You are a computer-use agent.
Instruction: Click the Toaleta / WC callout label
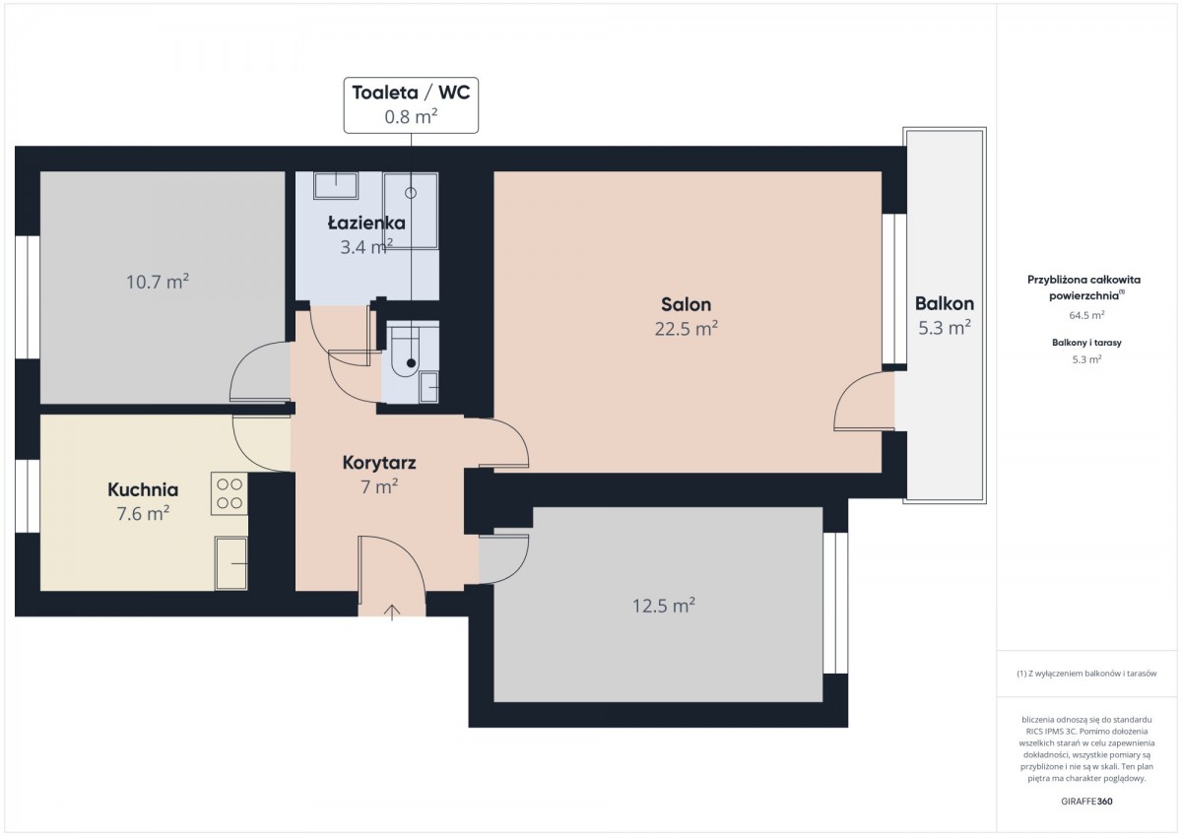(x=411, y=93)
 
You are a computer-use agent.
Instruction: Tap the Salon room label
(x=686, y=304)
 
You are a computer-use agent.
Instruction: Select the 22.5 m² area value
(x=686, y=329)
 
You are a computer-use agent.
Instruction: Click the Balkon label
(x=945, y=303)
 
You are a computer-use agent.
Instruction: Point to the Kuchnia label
(x=143, y=489)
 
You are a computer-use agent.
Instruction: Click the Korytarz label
(x=379, y=463)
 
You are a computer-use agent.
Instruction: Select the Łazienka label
(x=366, y=223)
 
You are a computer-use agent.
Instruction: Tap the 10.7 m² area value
(x=158, y=282)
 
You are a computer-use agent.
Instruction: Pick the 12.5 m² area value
(x=664, y=606)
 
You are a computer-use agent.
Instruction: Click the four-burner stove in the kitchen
(x=230, y=493)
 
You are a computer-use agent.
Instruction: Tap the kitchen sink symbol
(x=231, y=563)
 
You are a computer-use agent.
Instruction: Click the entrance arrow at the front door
(x=392, y=611)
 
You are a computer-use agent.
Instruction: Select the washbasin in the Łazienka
(x=336, y=185)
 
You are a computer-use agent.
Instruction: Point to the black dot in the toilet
(x=411, y=363)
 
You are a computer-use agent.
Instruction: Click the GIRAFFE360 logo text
(x=1087, y=802)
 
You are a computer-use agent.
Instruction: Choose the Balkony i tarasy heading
(x=1087, y=343)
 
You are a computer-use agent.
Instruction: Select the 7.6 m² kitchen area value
(x=143, y=513)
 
